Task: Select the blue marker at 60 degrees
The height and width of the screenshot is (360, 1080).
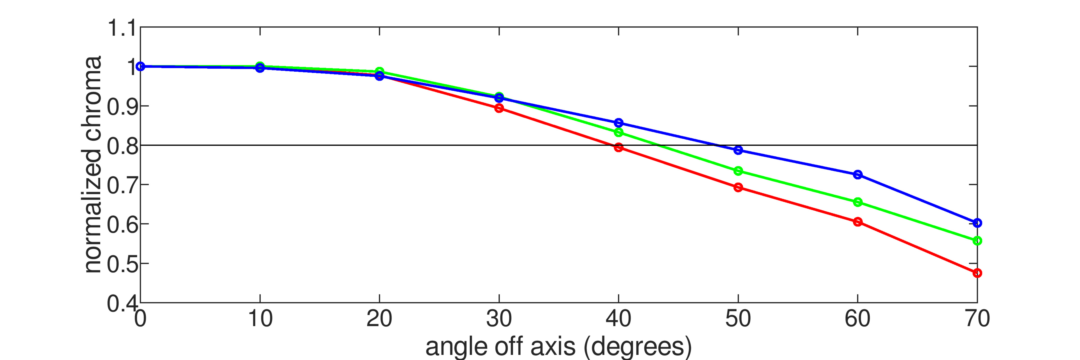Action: [858, 175]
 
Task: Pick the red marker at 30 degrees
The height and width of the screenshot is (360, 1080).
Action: [499, 108]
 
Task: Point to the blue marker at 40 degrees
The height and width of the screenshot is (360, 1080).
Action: [618, 123]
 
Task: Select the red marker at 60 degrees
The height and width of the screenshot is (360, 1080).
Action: [858, 222]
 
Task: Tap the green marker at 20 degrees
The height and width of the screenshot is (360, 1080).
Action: [379, 71]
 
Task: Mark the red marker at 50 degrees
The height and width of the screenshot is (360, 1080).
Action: [738, 187]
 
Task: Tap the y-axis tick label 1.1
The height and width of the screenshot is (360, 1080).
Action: [121, 28]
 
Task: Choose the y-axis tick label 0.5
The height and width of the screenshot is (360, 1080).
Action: [121, 264]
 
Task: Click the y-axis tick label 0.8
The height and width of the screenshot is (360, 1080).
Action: [121, 146]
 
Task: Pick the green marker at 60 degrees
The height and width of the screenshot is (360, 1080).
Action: [858, 202]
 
